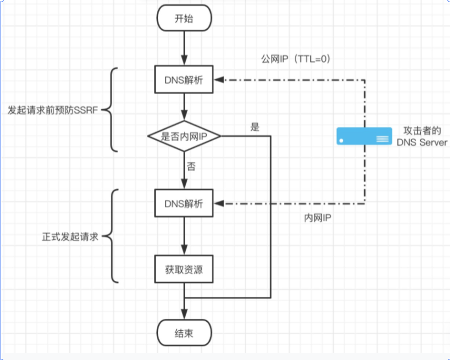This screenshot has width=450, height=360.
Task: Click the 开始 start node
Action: (184, 18)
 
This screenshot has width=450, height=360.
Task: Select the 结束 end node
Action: (184, 333)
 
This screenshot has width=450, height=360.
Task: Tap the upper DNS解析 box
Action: (184, 81)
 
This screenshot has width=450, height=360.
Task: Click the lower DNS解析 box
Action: (184, 203)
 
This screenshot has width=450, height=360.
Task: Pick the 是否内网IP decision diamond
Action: (184, 136)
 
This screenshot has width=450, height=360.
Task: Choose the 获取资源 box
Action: (184, 270)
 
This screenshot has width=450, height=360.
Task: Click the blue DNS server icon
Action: (364, 136)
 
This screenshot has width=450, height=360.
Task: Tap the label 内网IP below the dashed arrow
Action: (317, 219)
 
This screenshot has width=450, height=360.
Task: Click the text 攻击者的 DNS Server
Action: (421, 137)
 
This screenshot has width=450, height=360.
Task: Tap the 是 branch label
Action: (255, 127)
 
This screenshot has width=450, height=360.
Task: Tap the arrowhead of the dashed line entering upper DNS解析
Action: (219, 81)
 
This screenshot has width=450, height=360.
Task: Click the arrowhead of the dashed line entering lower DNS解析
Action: (219, 203)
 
